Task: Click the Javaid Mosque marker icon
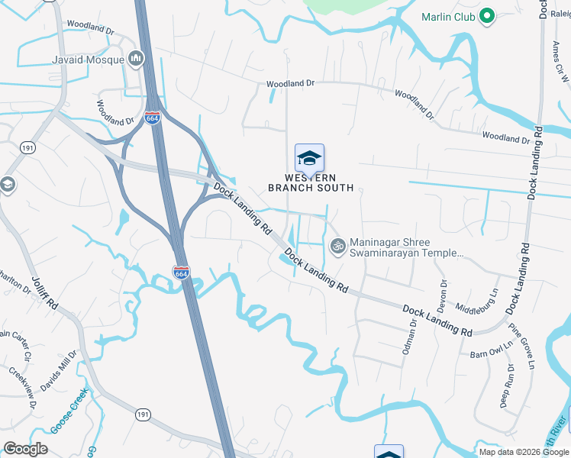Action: pos(137,58)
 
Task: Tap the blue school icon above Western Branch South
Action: pos(309,158)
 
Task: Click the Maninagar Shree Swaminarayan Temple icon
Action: pos(337,246)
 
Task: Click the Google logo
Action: pos(25,448)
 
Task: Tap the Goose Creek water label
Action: pos(70,412)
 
